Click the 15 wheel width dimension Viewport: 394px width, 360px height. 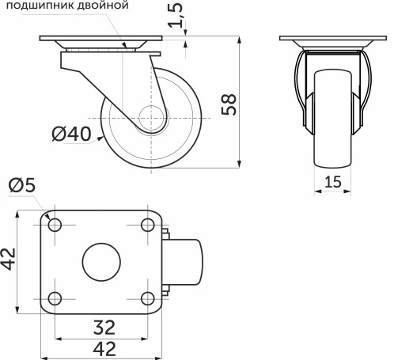click(x=332, y=182)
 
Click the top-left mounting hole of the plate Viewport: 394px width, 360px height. click(x=55, y=225)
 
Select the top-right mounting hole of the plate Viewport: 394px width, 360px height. click(x=146, y=225)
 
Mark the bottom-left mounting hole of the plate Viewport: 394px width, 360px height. click(x=55, y=298)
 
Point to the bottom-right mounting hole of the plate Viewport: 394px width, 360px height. click(x=146, y=298)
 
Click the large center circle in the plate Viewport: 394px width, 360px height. click(x=100, y=261)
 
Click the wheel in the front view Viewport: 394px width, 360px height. click(x=332, y=119)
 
